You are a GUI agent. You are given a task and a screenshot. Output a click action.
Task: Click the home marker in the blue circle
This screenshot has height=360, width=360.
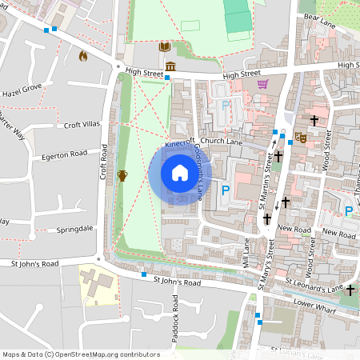[180, 173]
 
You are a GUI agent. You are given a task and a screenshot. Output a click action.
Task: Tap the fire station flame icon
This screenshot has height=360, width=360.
[82, 56]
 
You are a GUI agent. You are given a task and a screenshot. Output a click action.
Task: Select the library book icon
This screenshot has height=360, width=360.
[164, 48]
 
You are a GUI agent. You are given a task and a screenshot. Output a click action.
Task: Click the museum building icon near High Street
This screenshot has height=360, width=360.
[170, 66]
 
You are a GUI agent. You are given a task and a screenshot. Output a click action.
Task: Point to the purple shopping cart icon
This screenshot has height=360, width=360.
[262, 83]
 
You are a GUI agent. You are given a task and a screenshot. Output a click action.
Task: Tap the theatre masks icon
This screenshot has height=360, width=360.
[301, 137]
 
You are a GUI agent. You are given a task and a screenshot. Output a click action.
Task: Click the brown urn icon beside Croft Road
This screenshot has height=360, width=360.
[122, 175]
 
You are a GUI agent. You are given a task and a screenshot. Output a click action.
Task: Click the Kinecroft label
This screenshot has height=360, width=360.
[180, 143]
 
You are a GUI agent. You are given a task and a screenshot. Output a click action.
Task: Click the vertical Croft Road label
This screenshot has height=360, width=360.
[104, 162]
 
